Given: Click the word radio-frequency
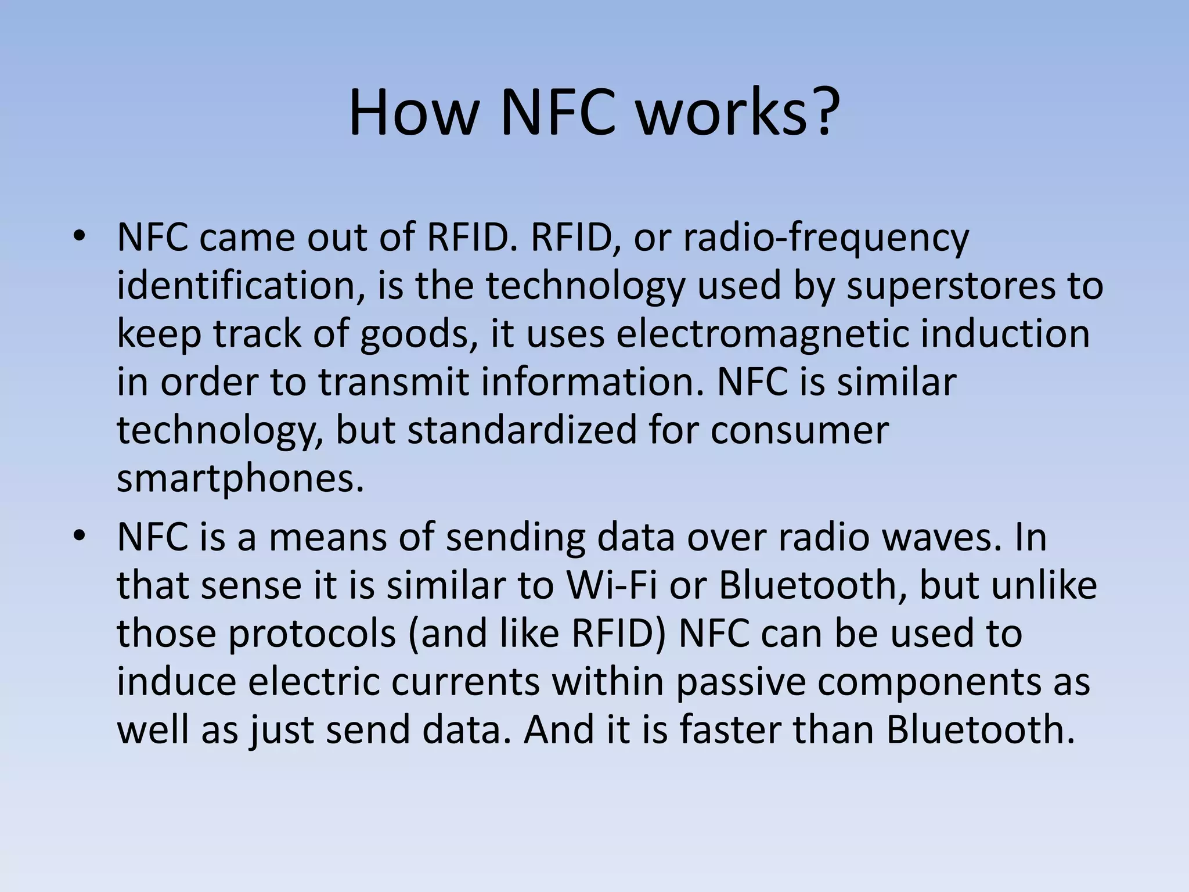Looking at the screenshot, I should coord(826,238).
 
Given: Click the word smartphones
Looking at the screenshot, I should coord(240,479).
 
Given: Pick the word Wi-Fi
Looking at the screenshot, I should coord(612,585).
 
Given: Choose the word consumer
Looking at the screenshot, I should coord(799,430).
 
